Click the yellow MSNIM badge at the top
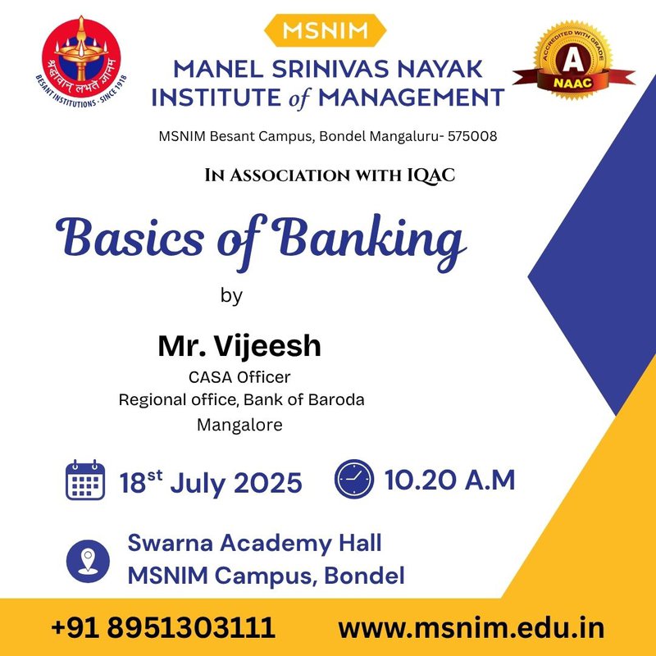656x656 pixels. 325,30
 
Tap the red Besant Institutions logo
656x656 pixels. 81,61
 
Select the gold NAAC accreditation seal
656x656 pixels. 573,61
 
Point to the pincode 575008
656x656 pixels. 472,136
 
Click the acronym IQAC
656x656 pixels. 431,175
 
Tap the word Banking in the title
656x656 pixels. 370,241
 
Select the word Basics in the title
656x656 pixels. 130,237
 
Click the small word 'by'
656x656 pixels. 231,296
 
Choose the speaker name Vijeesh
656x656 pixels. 268,346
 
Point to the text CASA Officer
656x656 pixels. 239,377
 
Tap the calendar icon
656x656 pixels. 85,480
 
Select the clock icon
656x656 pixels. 354,479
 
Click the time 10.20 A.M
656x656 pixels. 449,480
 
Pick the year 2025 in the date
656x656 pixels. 267,483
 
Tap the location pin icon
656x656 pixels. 88,561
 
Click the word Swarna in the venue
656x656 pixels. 172,543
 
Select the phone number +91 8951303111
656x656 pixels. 162,627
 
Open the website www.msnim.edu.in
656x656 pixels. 471,628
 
